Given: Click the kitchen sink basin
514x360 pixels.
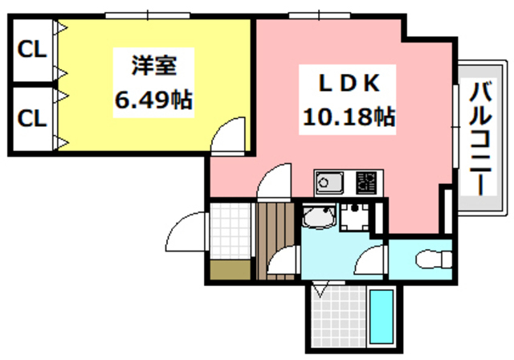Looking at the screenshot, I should click(x=328, y=184).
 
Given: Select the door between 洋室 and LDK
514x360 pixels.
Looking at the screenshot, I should click(x=233, y=133).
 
